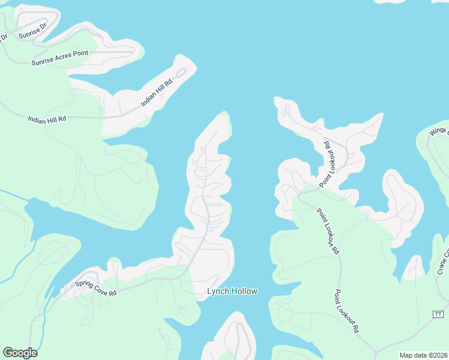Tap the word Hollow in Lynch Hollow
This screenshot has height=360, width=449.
[x=244, y=292]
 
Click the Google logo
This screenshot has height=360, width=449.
[x=20, y=353]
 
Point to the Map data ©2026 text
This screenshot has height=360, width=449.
[x=423, y=355]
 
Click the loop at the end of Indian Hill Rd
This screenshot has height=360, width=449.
[x=181, y=73]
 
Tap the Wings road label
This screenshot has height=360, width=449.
[x=439, y=131]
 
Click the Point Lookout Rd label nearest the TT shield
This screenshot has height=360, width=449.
[x=346, y=311]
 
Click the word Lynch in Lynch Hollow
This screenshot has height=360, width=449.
[x=218, y=292]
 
